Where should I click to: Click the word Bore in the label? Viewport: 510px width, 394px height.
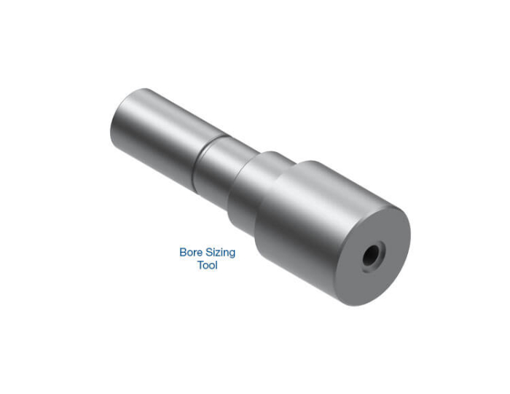click(x=189, y=252)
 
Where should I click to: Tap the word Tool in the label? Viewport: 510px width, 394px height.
click(x=207, y=265)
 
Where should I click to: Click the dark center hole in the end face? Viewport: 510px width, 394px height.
click(x=372, y=254)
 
